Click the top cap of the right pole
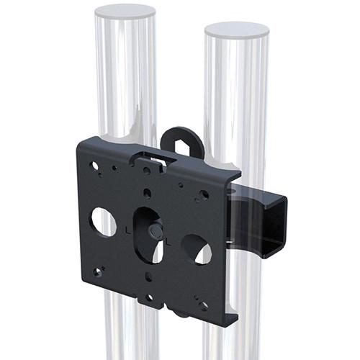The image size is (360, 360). pyautogui.click(x=236, y=30)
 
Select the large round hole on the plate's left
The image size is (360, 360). pyautogui.click(x=103, y=222)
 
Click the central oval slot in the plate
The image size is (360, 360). pyautogui.click(x=148, y=234)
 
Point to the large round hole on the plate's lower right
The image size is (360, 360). pyautogui.click(x=197, y=249)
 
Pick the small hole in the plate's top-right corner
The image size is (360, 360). pyautogui.click(x=204, y=194)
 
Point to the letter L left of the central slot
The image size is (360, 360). pyautogui.click(x=128, y=231)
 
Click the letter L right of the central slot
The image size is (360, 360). pyautogui.click(x=169, y=242)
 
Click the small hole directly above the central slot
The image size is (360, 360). pyautogui.click(x=147, y=193)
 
